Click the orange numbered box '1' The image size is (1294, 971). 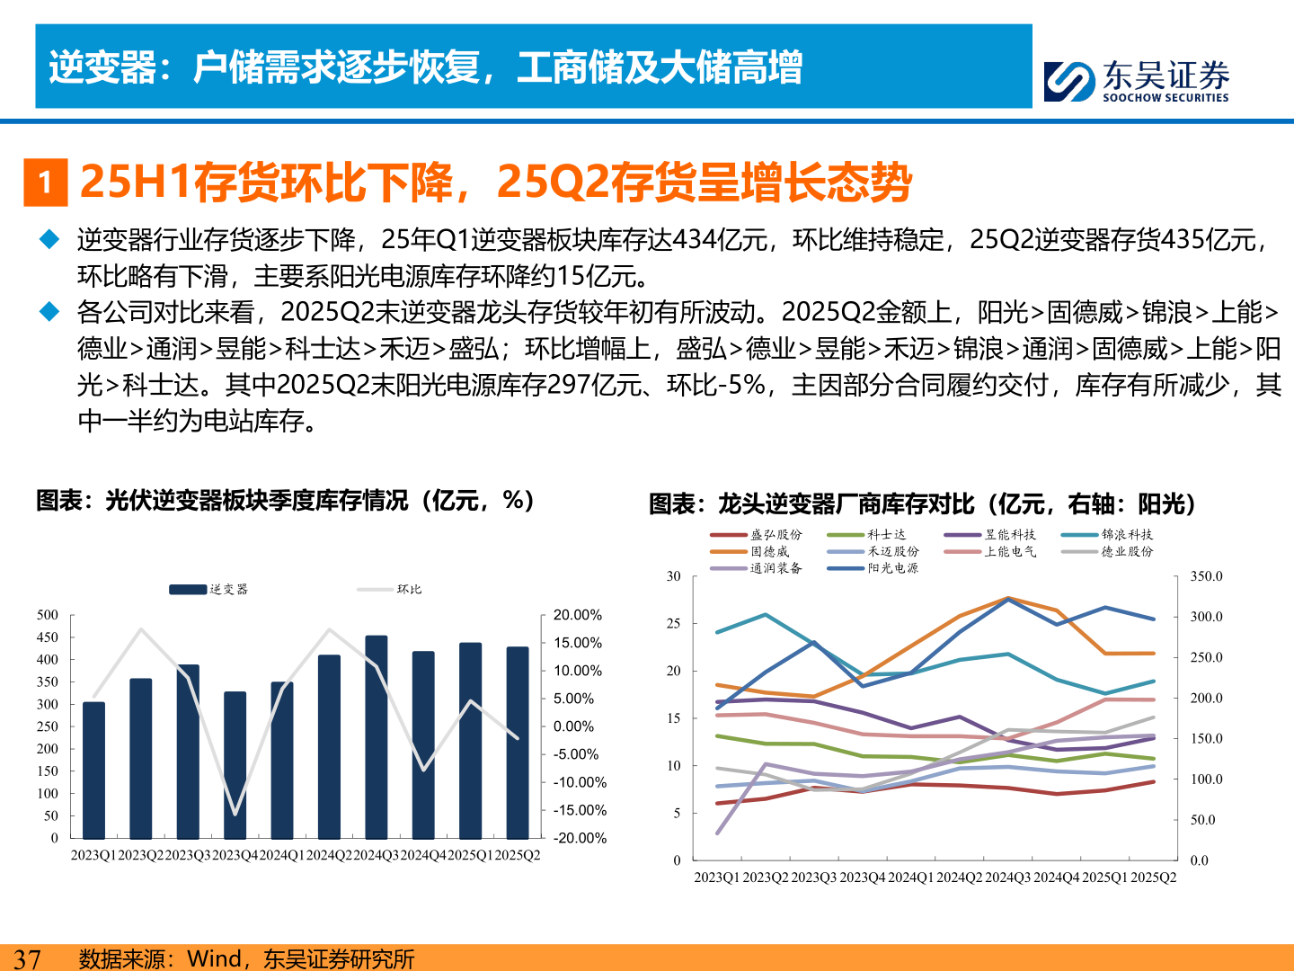point(45,183)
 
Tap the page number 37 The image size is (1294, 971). point(27,958)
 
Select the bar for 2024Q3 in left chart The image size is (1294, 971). point(377,737)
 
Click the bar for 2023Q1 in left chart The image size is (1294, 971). point(93,771)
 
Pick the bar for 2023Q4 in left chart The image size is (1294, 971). point(235,765)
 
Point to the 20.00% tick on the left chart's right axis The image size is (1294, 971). point(577,615)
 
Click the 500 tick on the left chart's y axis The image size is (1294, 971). point(48,615)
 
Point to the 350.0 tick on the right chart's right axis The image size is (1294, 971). point(1206,576)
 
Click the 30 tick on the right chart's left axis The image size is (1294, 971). point(673,576)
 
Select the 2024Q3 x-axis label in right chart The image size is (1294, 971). point(1008,877)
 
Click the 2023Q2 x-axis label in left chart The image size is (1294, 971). point(141,855)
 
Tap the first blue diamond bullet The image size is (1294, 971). point(49,240)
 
